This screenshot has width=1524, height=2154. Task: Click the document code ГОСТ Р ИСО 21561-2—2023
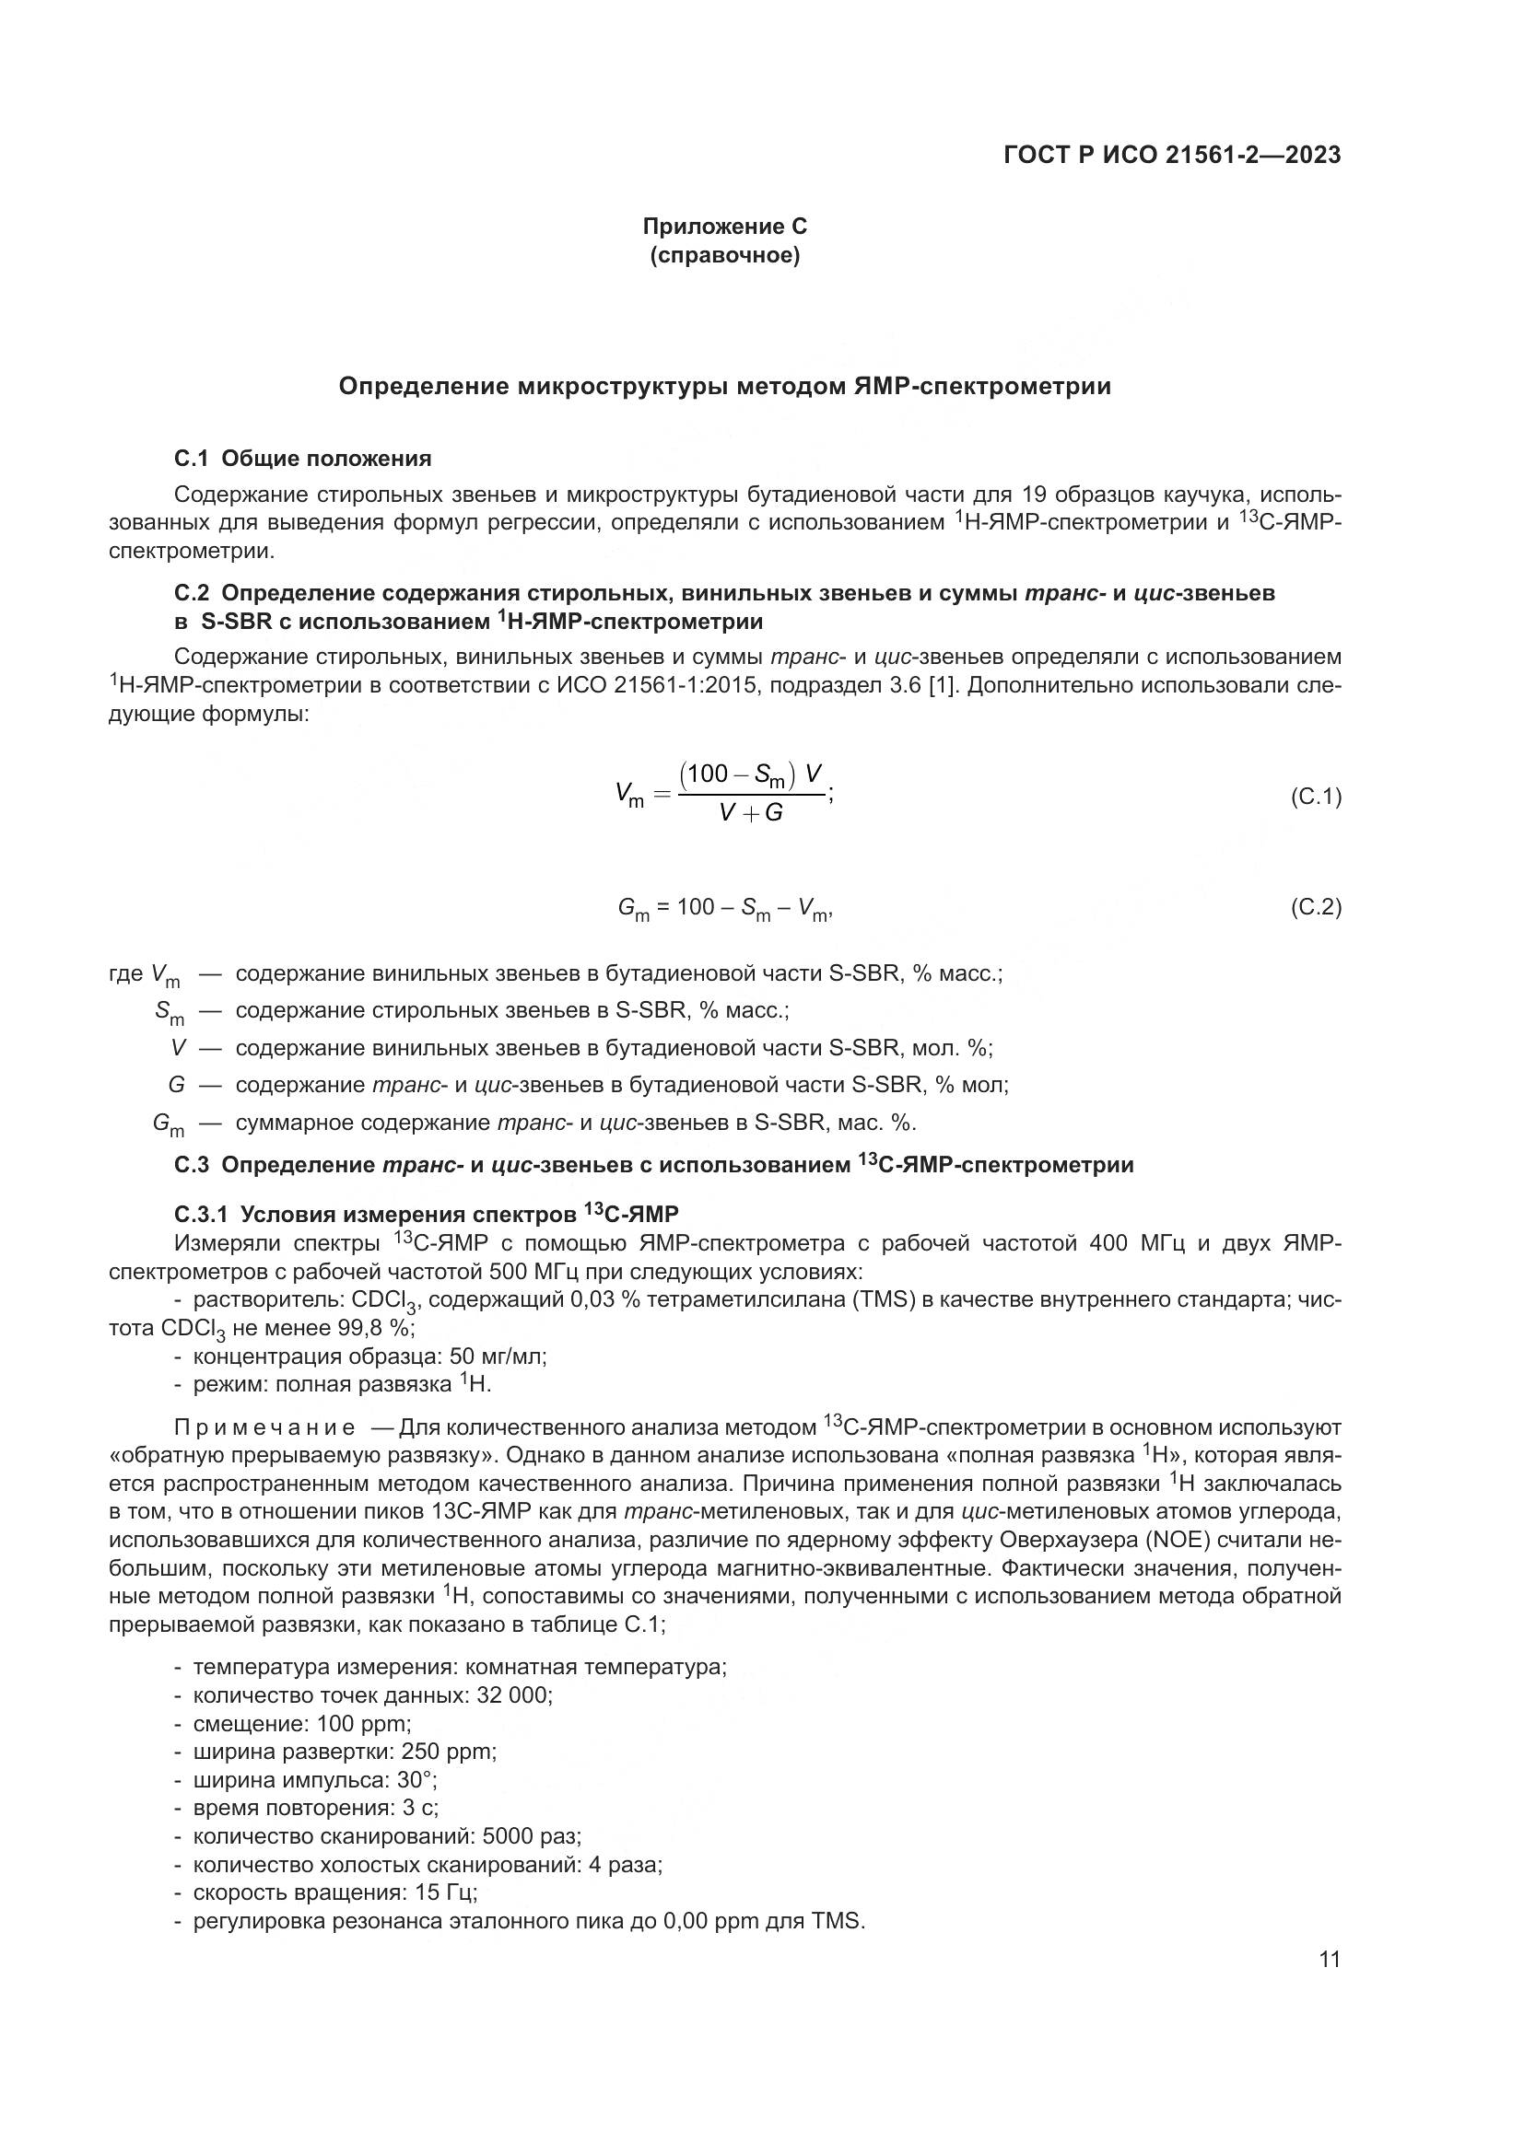click(x=1171, y=156)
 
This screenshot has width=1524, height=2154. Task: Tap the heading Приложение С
click(x=723, y=227)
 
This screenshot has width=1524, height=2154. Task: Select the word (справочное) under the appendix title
click(x=723, y=256)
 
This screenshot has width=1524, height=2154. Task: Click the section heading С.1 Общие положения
click(x=302, y=459)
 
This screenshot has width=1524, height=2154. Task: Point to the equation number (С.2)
click(x=1316, y=907)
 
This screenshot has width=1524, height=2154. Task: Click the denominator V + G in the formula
click(x=750, y=813)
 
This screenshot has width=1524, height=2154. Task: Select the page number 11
click(x=1329, y=1959)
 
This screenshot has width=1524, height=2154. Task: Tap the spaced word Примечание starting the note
click(x=264, y=1428)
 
